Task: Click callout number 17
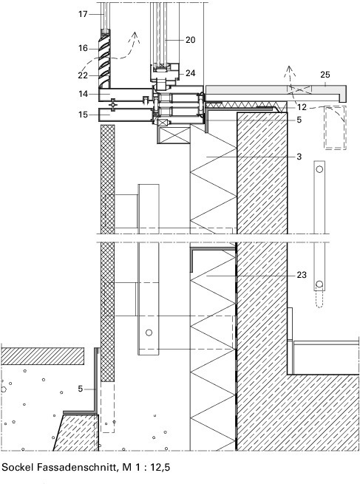[x=83, y=14]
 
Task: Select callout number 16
[x=83, y=49]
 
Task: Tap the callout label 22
[x=83, y=75]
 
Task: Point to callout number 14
[x=83, y=94]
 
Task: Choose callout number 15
[x=83, y=115]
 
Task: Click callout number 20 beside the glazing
[x=191, y=40]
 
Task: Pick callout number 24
[x=191, y=73]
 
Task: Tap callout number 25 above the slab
[x=325, y=75]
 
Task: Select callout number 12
[x=302, y=107]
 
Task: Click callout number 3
[x=299, y=157]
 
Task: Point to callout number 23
[x=302, y=275]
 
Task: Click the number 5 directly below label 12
[x=299, y=120]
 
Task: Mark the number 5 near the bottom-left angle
[x=81, y=389]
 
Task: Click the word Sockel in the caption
[x=17, y=467]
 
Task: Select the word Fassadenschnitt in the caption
[x=77, y=467]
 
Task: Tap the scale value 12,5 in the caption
[x=160, y=467]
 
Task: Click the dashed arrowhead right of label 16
[x=135, y=36]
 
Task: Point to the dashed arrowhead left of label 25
[x=289, y=70]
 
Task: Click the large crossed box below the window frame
[x=174, y=135]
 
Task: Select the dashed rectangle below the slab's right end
[x=335, y=128]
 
